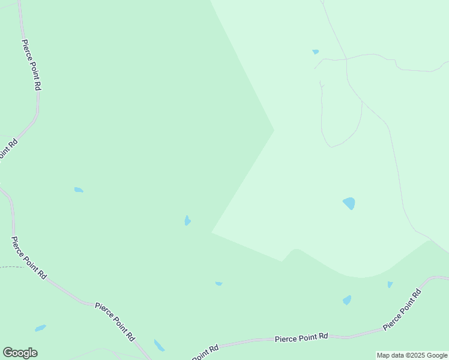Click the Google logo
tap(20, 353)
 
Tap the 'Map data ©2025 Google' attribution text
tap(412, 355)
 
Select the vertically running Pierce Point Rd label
tap(31, 65)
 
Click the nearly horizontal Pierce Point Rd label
tap(301, 338)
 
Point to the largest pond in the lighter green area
tap(349, 203)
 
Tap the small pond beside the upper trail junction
tap(316, 52)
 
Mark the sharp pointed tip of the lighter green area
tap(274, 130)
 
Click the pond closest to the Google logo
tap(40, 328)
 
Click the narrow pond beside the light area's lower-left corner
tap(187, 221)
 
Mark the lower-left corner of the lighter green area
tap(212, 232)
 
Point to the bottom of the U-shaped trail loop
tap(332, 146)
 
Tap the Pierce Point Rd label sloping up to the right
tap(402, 310)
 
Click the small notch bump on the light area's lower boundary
tap(294, 249)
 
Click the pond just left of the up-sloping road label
tap(346, 300)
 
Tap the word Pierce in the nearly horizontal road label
tap(286, 339)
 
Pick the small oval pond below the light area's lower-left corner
tap(218, 283)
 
